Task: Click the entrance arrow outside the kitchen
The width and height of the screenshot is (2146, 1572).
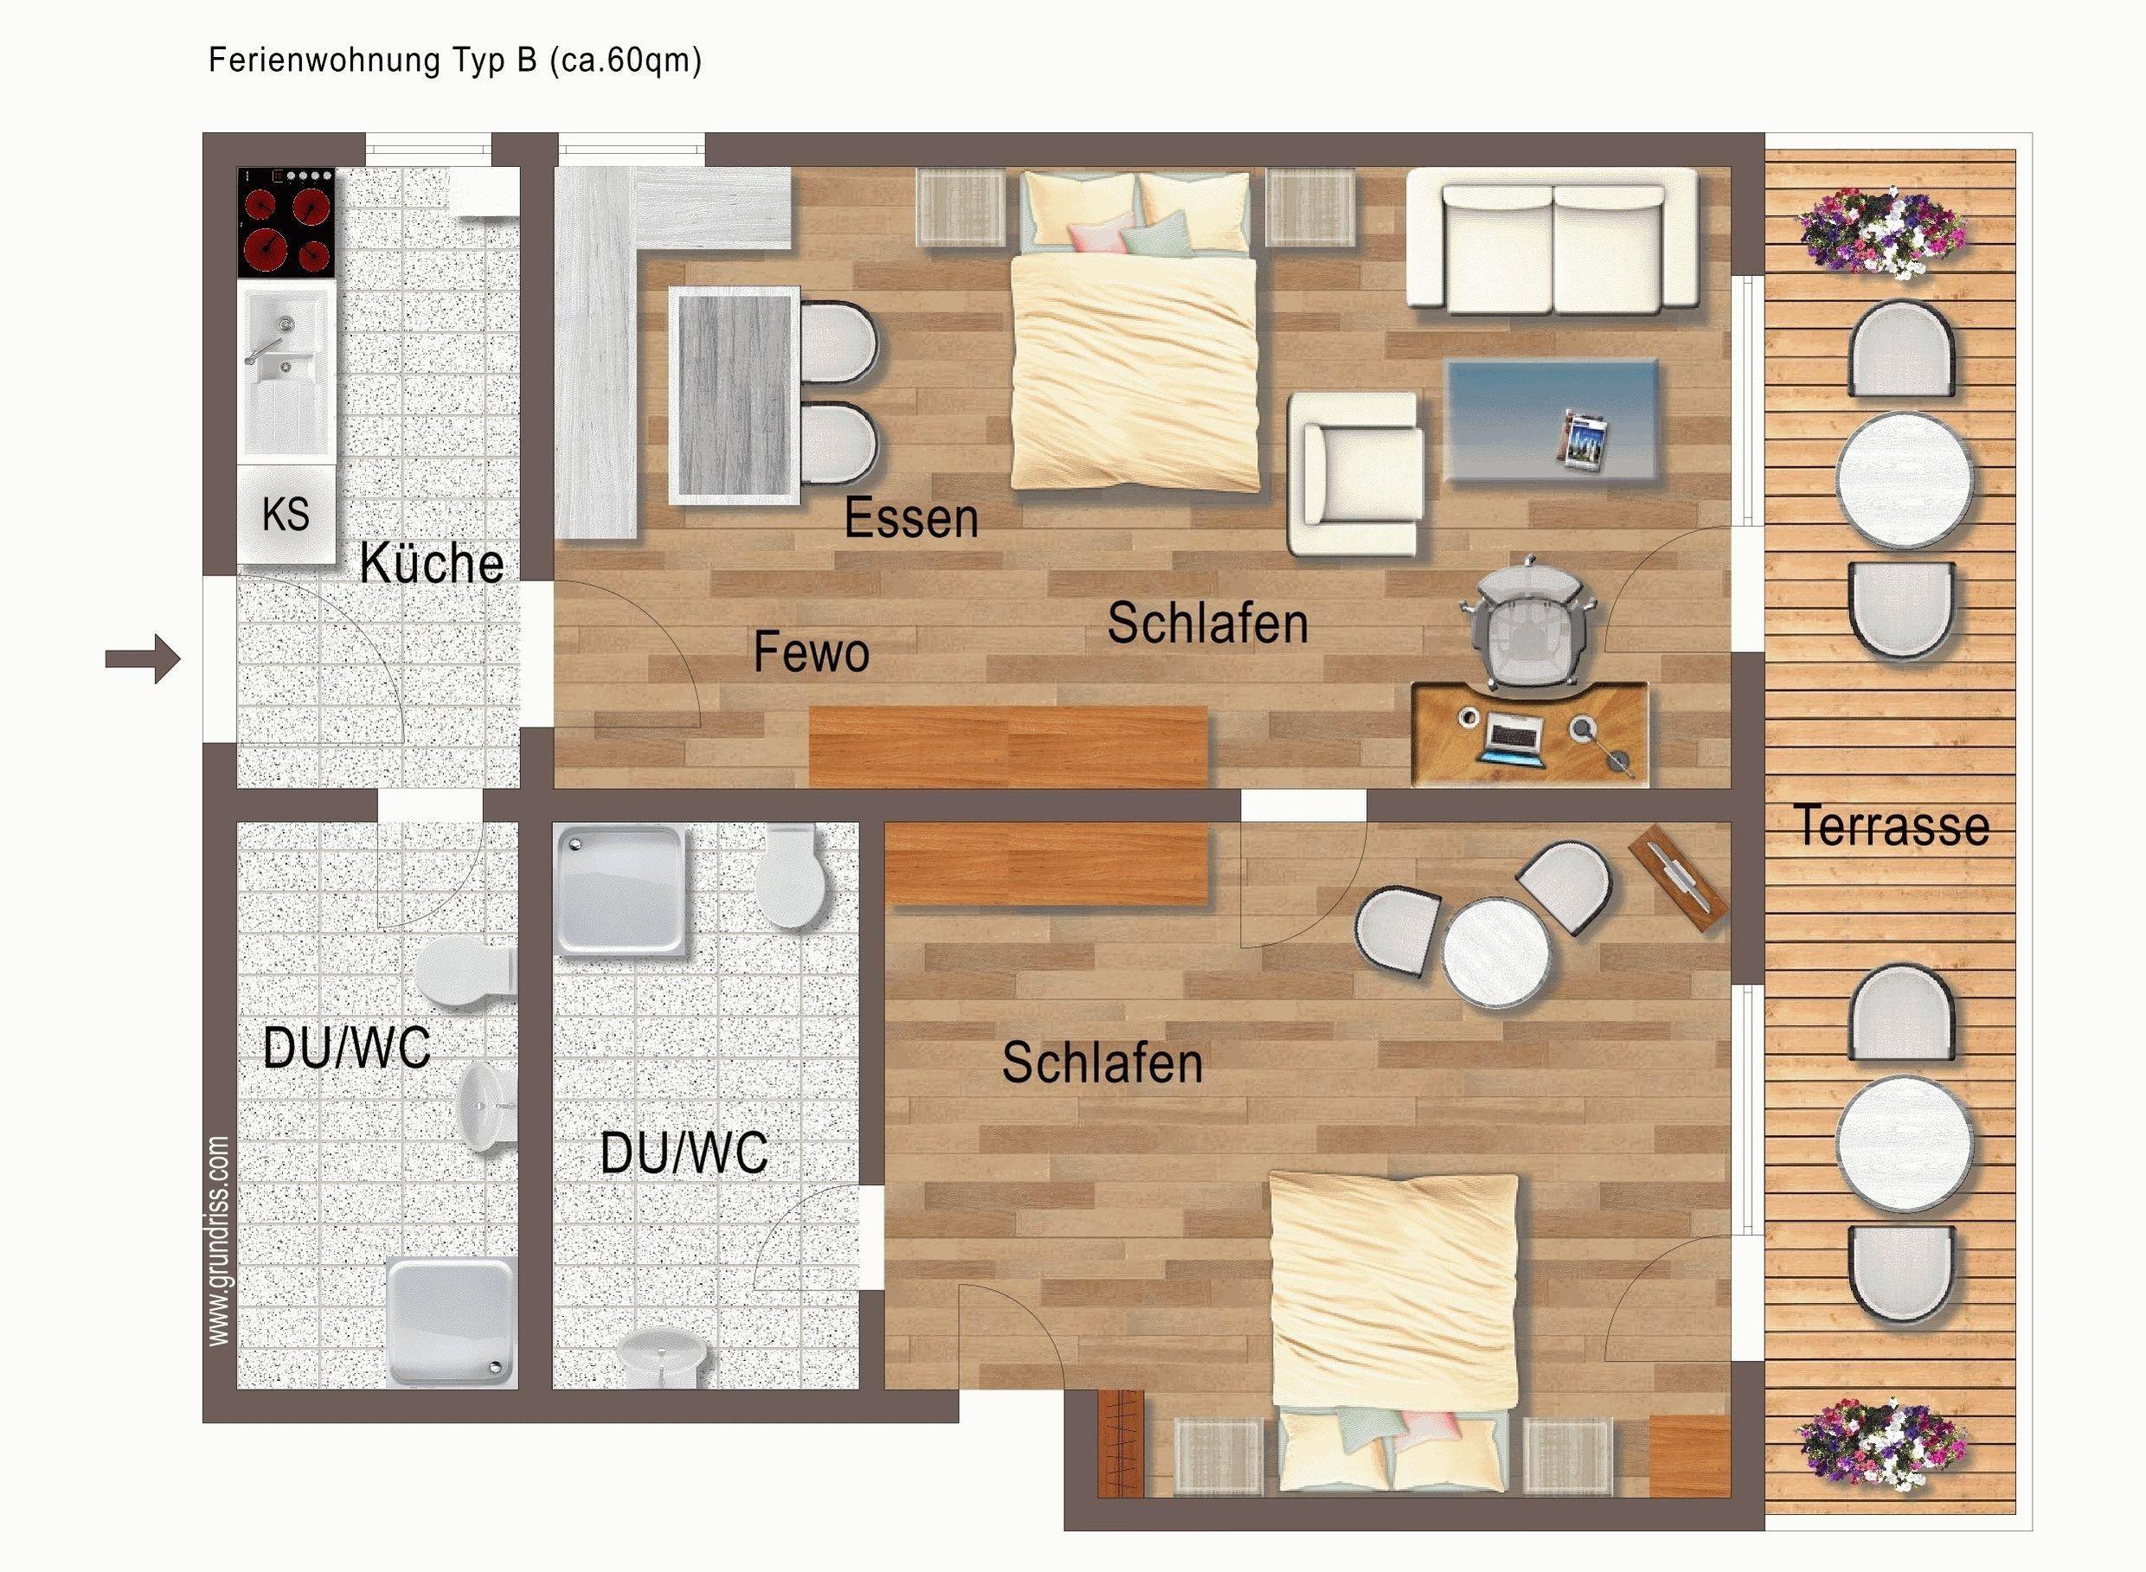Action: coord(143,658)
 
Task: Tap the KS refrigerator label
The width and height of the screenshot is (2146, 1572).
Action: coord(286,515)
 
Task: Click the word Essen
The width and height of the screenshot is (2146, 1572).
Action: coord(910,518)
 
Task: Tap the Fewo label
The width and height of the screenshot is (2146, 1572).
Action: coord(812,653)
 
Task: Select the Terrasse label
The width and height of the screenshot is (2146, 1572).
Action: coord(1892,825)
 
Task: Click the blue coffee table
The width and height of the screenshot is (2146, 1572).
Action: coord(1552,420)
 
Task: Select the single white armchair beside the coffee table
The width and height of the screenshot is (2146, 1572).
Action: coord(1356,474)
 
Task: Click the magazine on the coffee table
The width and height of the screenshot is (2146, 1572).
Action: coord(1585,438)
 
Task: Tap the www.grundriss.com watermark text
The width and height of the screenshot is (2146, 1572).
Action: coord(219,1241)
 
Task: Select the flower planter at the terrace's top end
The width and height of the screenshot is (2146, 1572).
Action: coord(1881,233)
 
